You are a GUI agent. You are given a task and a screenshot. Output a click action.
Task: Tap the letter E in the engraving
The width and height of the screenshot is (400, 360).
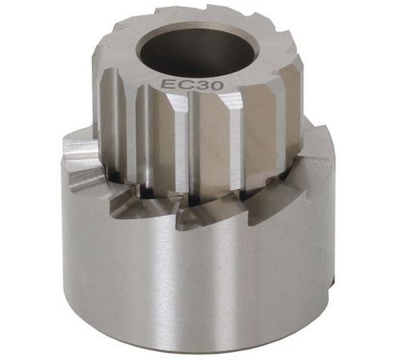point(166,83)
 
